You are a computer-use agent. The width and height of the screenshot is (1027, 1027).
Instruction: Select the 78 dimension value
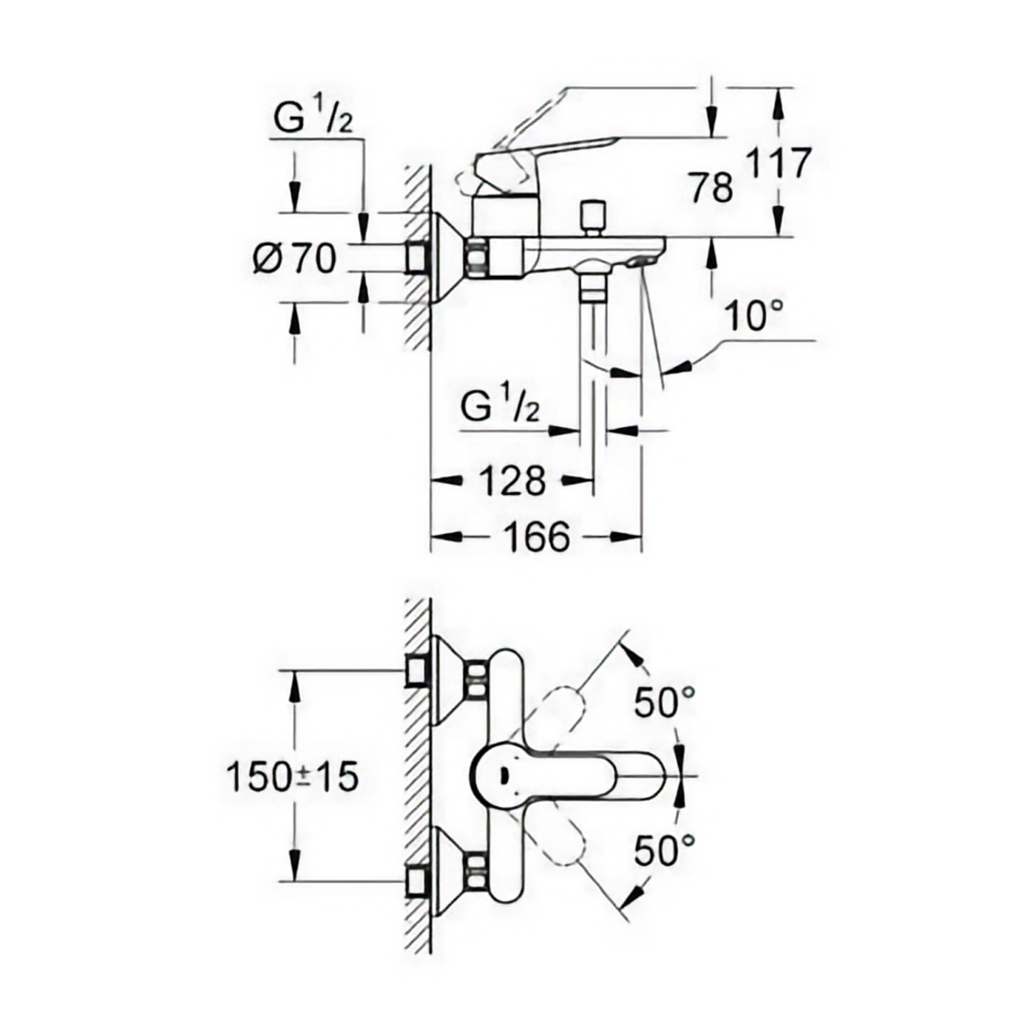coord(712,188)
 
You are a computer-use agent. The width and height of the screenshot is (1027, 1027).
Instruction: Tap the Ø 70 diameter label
coord(295,259)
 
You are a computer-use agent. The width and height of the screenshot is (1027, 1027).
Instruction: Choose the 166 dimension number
coord(537,536)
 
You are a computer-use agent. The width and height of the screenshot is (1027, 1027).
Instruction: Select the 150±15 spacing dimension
coord(292,777)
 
